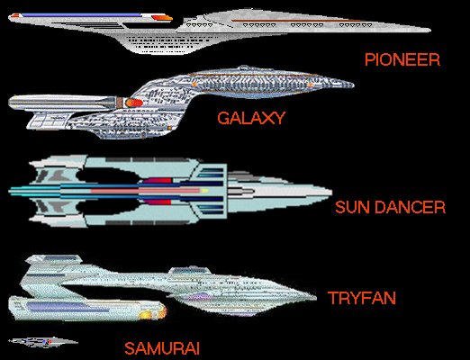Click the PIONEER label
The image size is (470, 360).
402,59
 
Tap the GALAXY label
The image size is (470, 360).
251,118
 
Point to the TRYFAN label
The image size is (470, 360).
362,298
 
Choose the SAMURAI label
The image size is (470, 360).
162,348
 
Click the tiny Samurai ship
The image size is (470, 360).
43,342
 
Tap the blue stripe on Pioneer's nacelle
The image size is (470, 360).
81,14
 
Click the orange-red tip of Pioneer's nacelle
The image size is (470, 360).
162,18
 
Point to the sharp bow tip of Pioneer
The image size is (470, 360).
430,30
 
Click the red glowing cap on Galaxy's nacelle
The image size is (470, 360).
134,103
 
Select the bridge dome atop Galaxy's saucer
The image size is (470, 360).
244,67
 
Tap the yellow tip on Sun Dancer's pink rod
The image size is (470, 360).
204,191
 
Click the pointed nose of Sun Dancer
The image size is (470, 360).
330,192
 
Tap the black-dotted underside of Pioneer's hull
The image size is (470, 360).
173,42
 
